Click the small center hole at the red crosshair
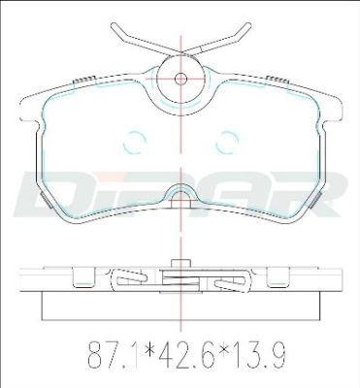tap(180, 79)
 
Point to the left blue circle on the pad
tap(134, 142)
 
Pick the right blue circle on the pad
tap(227, 142)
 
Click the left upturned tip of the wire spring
tap(115, 25)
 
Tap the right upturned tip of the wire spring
tap(247, 25)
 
